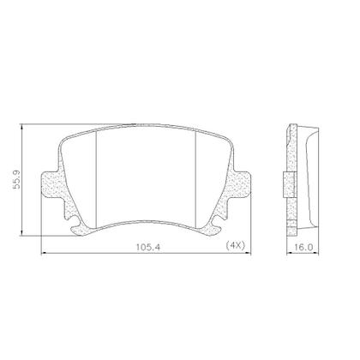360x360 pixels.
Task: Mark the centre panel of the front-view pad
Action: point(150,171)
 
